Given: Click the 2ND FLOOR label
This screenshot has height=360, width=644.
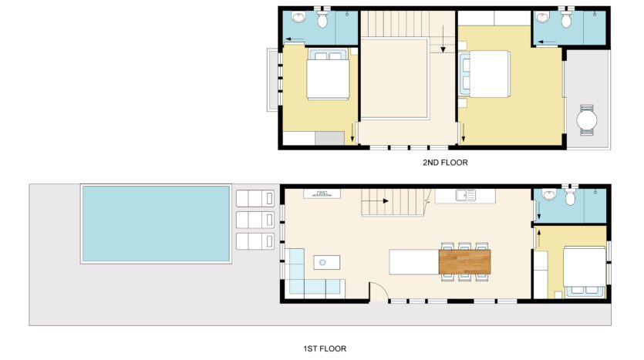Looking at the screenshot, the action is click(x=445, y=163).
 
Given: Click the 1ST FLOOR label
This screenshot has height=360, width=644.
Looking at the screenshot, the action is click(x=325, y=348).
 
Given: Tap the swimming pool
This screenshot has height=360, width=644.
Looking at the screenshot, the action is click(x=156, y=224).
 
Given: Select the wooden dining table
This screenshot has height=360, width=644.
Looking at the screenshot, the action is click(x=464, y=262).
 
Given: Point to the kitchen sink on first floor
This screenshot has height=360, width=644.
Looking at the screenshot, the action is click(x=465, y=195).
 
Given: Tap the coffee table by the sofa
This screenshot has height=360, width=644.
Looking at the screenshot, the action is click(x=326, y=262).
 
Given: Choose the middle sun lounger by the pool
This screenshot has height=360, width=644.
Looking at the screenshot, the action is click(x=255, y=220).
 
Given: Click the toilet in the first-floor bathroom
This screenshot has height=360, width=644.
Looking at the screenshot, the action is click(x=570, y=197).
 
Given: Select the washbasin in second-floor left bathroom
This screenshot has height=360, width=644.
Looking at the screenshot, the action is click(x=298, y=17).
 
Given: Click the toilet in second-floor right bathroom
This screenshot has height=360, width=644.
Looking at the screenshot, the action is click(x=566, y=19).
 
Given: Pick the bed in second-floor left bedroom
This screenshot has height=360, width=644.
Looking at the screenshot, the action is click(x=328, y=74).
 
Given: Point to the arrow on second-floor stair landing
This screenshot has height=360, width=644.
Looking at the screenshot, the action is click(x=443, y=39).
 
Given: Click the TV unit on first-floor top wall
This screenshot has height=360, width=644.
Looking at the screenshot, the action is click(x=322, y=193).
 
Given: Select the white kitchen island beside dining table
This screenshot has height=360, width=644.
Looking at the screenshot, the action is click(x=414, y=262).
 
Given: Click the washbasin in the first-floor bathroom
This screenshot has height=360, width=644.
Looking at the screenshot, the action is click(x=549, y=194).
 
